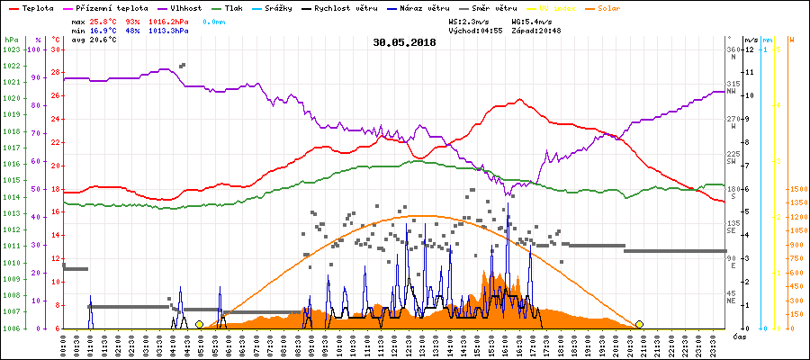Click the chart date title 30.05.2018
point(404,42)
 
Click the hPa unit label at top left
point(10,40)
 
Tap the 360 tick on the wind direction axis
point(733,49)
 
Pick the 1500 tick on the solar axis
point(797,189)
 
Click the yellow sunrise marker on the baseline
point(199,324)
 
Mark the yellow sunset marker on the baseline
point(639,324)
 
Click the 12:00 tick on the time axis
point(394,345)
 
